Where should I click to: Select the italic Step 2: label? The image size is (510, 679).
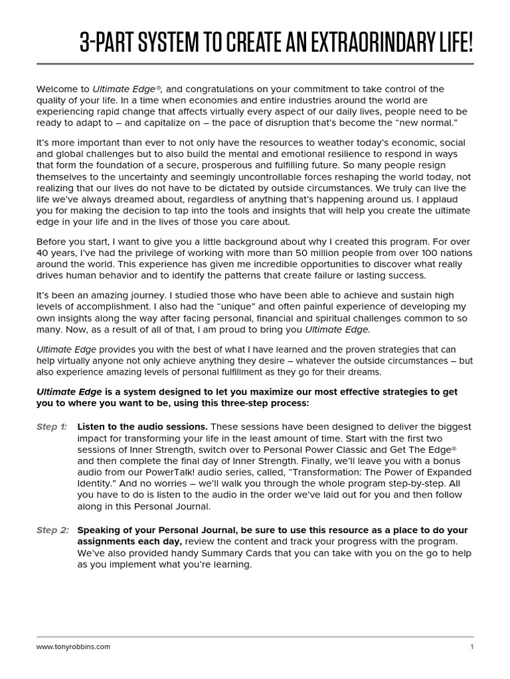point(52,530)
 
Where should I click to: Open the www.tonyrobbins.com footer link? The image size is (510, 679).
point(73,647)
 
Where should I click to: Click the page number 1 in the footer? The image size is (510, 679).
point(471,647)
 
